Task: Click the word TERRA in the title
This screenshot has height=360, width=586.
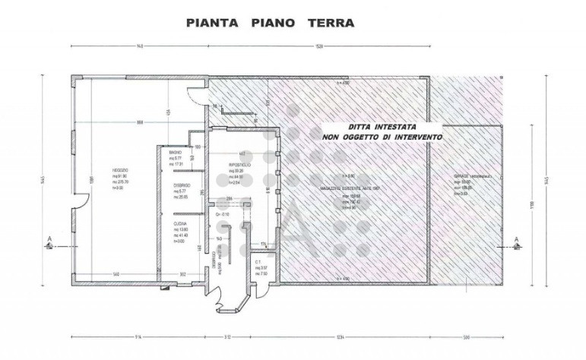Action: (329, 23)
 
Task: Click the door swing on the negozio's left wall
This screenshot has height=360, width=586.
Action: (81, 200)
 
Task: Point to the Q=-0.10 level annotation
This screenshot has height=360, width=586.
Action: (223, 215)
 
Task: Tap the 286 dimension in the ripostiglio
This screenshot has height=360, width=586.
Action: (229, 199)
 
